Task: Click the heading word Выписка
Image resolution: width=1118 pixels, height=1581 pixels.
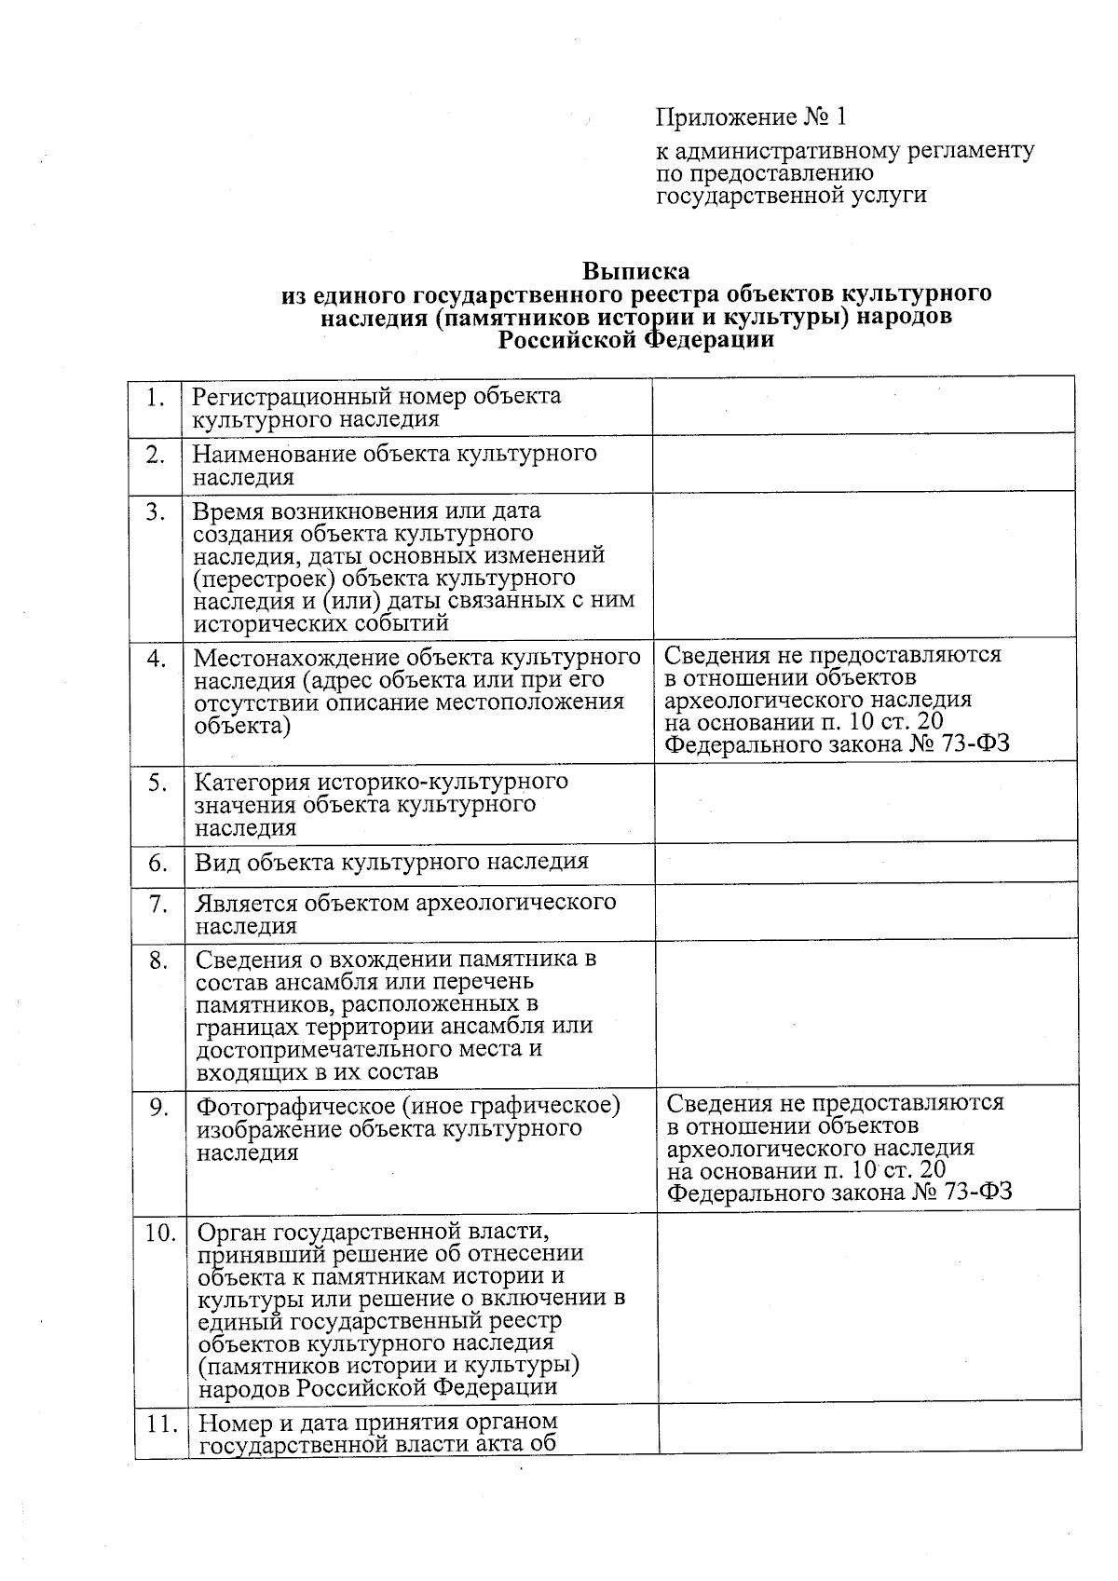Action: (x=636, y=271)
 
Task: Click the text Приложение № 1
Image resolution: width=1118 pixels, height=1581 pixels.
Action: (x=751, y=117)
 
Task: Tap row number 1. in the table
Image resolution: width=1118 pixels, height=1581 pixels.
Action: (x=156, y=398)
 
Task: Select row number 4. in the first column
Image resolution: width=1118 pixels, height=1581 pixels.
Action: (x=157, y=658)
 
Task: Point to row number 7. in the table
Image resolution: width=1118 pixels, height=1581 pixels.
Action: (x=158, y=904)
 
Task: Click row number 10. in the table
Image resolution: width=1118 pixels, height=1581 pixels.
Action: (x=160, y=1233)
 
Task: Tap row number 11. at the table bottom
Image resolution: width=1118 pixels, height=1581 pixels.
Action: (x=161, y=1424)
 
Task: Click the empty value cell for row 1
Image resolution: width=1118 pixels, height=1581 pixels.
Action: (x=862, y=406)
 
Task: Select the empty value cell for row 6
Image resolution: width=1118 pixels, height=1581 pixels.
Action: (x=864, y=864)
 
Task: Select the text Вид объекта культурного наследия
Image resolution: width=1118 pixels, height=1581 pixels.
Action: (x=391, y=862)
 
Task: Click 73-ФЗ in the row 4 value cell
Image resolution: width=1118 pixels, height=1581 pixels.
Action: (x=976, y=744)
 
